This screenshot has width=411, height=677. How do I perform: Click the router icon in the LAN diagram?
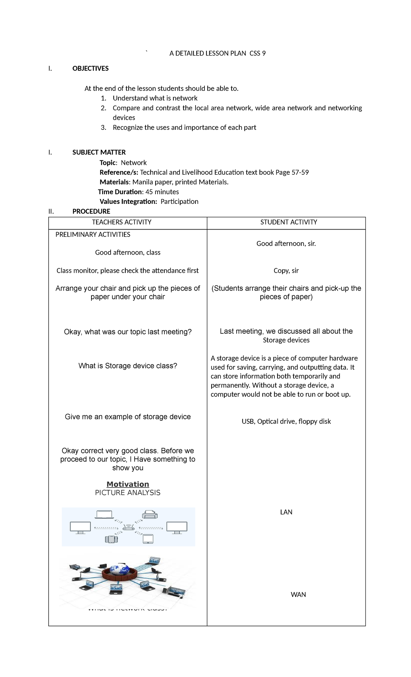coord(128,527)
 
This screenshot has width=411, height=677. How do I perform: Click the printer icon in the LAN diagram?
coord(149,514)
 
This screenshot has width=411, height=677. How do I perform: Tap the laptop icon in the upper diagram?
coord(104,514)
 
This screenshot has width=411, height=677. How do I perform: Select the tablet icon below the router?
coord(148,539)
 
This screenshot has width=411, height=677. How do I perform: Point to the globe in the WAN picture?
coord(119,569)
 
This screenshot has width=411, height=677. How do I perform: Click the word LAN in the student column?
coord(286,512)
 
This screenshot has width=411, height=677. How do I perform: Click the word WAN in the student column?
coord(298,595)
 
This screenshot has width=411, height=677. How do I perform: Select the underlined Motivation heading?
coord(128,484)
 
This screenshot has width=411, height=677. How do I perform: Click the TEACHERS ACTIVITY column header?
coord(122,222)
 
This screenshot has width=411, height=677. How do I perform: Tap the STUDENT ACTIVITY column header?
coord(288,222)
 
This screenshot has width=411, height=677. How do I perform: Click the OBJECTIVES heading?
coord(90,69)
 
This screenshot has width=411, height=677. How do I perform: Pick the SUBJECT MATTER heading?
coord(99,152)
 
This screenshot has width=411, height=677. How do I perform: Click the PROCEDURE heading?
coord(91,211)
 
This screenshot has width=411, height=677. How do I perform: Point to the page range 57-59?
coord(300,172)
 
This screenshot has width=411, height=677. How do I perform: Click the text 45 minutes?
coord(162,192)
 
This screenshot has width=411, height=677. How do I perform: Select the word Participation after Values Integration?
coord(179,201)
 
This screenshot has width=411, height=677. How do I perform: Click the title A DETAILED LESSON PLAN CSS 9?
coord(217,53)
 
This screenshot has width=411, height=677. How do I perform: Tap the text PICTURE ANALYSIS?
coord(127,493)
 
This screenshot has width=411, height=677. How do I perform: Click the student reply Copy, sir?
coord(286,271)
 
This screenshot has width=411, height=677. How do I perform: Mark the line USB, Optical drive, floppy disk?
coord(286,421)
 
